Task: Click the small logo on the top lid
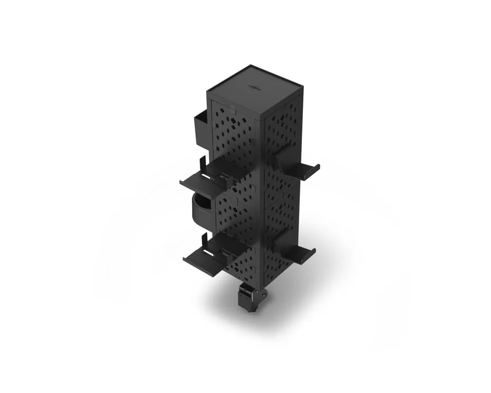pyautogui.click(x=254, y=87)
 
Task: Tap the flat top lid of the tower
pyautogui.click(x=253, y=91)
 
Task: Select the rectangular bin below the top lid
pyautogui.click(x=201, y=129)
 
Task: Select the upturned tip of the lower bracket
pyautogui.click(x=313, y=251)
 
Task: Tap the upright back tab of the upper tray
pyautogui.click(x=203, y=163)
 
